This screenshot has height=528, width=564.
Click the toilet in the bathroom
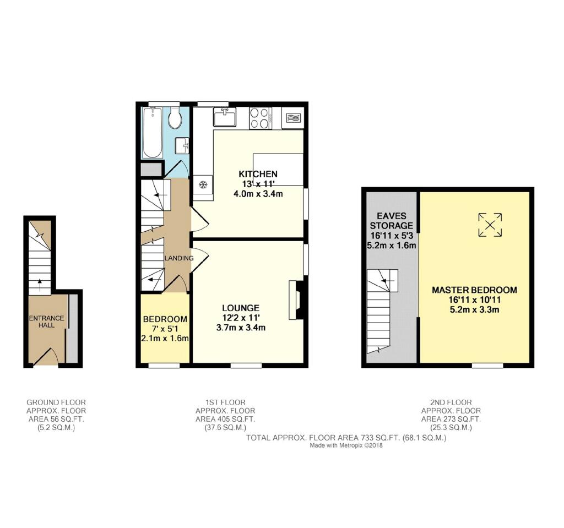pyautogui.click(x=175, y=117)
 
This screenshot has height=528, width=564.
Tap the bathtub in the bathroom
pyautogui.click(x=152, y=133)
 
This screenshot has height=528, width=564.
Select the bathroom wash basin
pyautogui.click(x=182, y=146)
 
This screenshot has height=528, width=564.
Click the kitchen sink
pyautogui.click(x=225, y=117)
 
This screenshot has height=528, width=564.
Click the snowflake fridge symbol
pyautogui.click(x=203, y=185)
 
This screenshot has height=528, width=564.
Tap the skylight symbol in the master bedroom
pyautogui.click(x=490, y=225)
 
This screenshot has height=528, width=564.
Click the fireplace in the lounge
pyautogui.click(x=296, y=300)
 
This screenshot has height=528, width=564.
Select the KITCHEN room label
pyautogui.click(x=258, y=174)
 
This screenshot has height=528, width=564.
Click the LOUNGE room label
pyautogui.click(x=241, y=308)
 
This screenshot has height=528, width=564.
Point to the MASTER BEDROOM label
pyautogui.click(x=474, y=290)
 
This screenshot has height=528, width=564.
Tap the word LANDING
pyautogui.click(x=179, y=258)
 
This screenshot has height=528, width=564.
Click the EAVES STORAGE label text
pyautogui.click(x=392, y=221)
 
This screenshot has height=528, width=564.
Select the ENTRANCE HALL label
pyautogui.click(x=47, y=322)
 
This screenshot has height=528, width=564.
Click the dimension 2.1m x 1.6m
pyautogui.click(x=165, y=338)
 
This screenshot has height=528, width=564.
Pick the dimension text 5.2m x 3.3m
pyautogui.click(x=474, y=309)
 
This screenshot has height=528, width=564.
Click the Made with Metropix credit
pyautogui.click(x=346, y=445)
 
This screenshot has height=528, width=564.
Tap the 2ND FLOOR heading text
pyautogui.click(x=451, y=402)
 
